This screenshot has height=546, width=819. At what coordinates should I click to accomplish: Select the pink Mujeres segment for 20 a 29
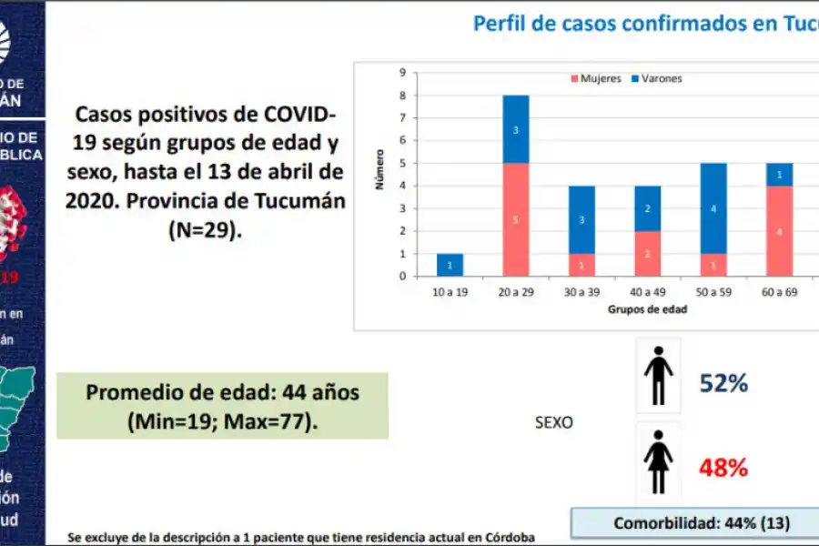click(516, 219)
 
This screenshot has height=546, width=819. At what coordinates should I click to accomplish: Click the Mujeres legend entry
click(596, 78)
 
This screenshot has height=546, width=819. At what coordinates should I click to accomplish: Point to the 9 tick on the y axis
click(400, 73)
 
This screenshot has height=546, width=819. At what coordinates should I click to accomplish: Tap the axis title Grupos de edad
click(647, 309)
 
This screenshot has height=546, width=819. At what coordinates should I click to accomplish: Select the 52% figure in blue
click(723, 383)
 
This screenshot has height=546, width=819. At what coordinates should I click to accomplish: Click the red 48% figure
click(723, 468)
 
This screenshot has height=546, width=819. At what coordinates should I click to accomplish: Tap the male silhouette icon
click(658, 375)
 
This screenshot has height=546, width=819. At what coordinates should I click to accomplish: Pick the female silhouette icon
click(658, 461)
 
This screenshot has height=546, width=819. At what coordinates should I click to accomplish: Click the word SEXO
click(554, 423)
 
